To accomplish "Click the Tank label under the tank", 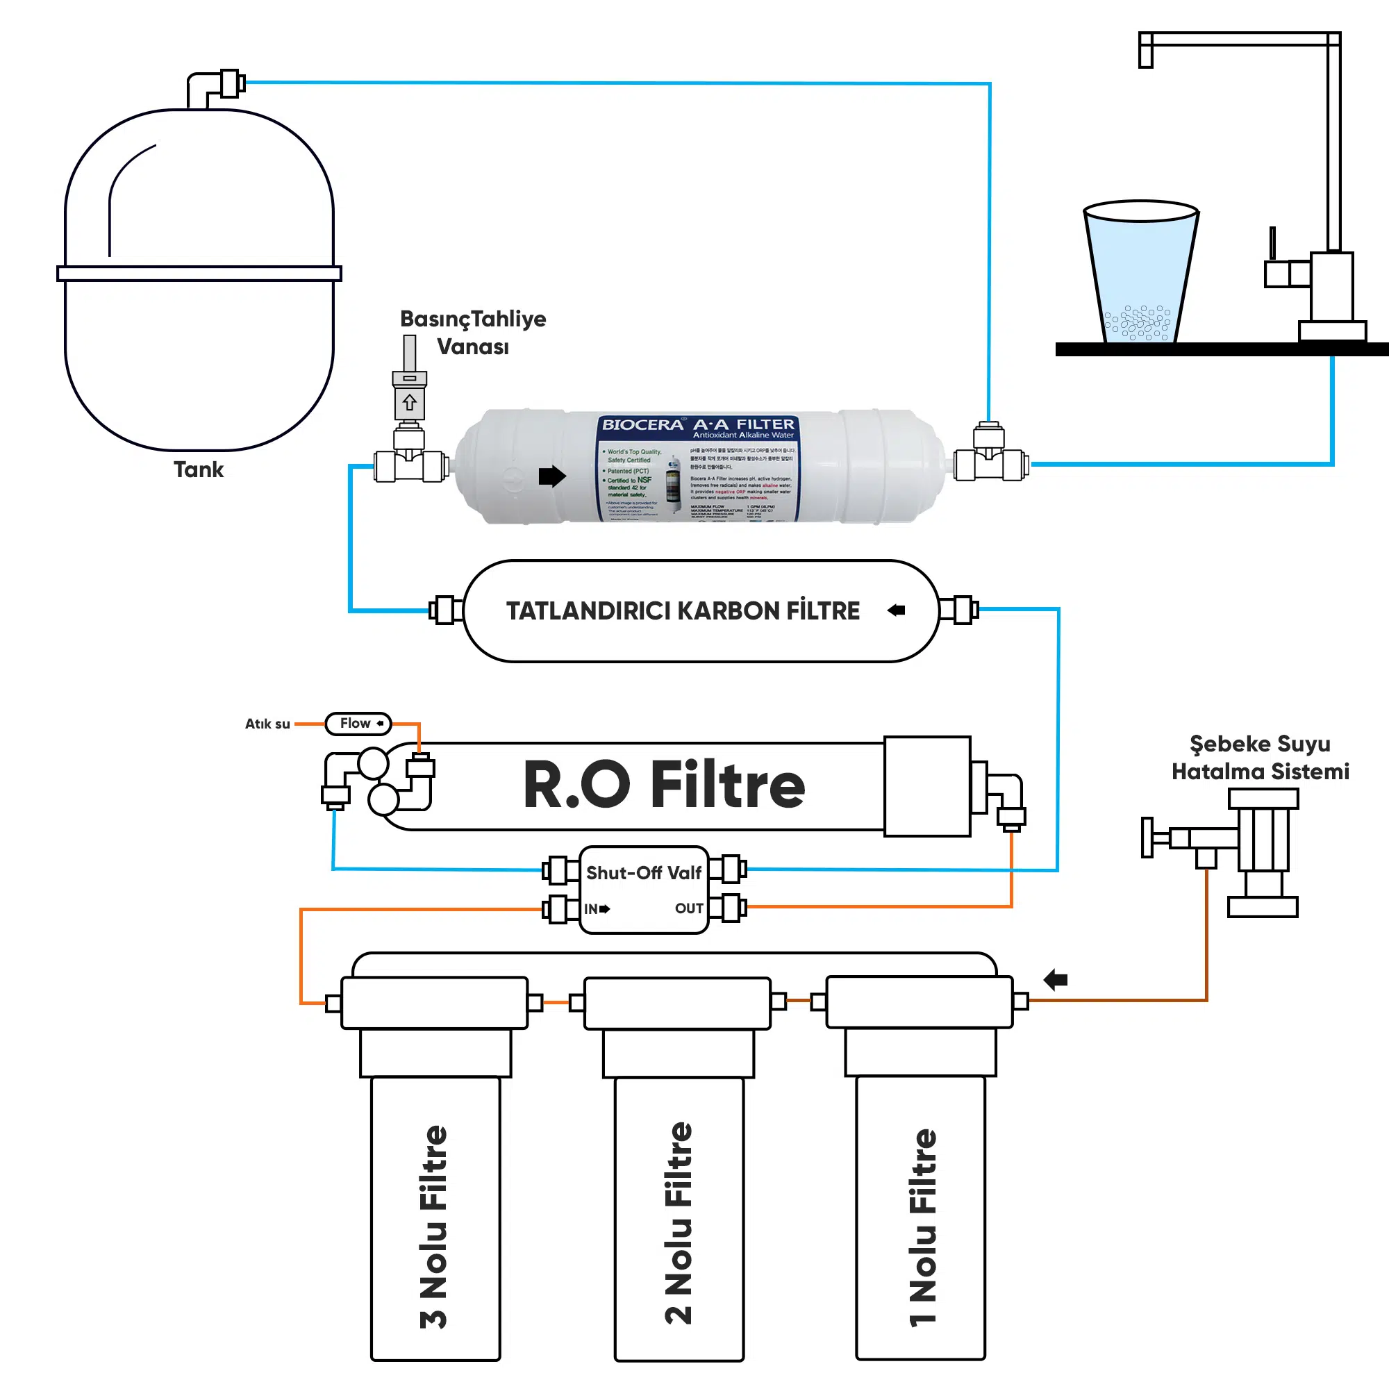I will tap(199, 469).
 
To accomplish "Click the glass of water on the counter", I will tap(1140, 273).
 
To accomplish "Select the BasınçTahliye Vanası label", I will tap(472, 332).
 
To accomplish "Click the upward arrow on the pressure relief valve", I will tap(409, 402).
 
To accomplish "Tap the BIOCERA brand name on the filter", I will tap(642, 424).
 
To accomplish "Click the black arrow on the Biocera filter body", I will tap(552, 475).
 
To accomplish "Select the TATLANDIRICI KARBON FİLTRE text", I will tap(682, 610).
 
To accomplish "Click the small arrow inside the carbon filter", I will tap(896, 610).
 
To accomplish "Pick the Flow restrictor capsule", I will tap(358, 723).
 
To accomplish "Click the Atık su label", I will tap(267, 724).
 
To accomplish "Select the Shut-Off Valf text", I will tap(644, 873).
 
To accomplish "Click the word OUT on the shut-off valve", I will tap(689, 908).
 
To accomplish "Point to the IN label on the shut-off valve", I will tap(592, 908).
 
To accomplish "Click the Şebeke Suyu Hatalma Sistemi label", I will tap(1260, 757).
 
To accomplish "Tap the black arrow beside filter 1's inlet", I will tap(1056, 979).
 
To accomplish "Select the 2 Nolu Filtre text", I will tap(678, 1222).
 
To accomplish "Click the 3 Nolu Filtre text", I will tap(433, 1226).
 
